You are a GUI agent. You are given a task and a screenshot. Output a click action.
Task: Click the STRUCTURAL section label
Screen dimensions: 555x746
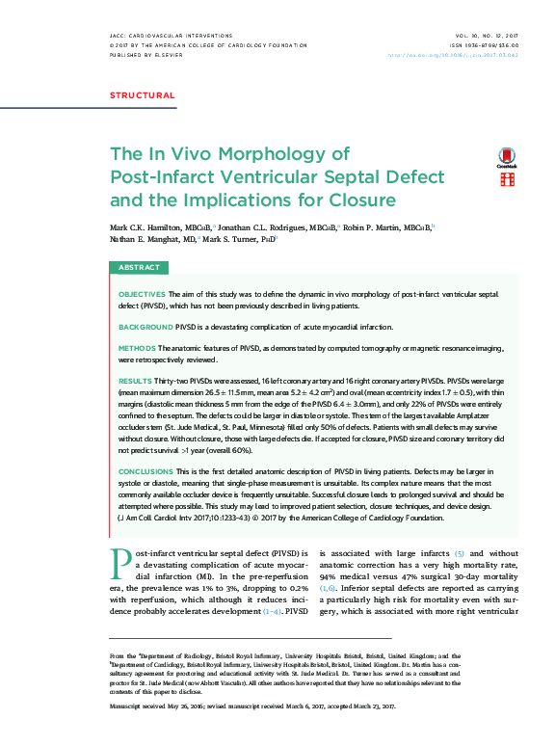coord(142,95)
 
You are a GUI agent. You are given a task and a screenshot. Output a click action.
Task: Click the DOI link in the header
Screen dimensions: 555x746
coord(466,55)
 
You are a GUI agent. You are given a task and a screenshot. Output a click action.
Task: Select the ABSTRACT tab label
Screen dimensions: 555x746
coord(140,267)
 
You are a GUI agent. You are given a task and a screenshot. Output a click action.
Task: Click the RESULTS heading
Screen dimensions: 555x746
coord(135,382)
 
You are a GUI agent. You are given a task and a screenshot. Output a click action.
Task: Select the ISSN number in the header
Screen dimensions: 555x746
coord(484,45)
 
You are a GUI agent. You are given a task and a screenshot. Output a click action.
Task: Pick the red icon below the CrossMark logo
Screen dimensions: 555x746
coord(506,180)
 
